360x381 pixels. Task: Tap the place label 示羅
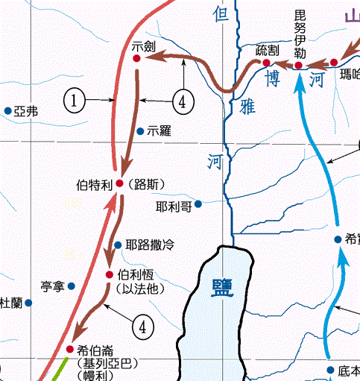160,131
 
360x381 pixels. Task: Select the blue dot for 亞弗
7,111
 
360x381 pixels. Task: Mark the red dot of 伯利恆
110,275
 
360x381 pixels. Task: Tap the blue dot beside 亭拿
72,286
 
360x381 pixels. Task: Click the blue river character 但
218,13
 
